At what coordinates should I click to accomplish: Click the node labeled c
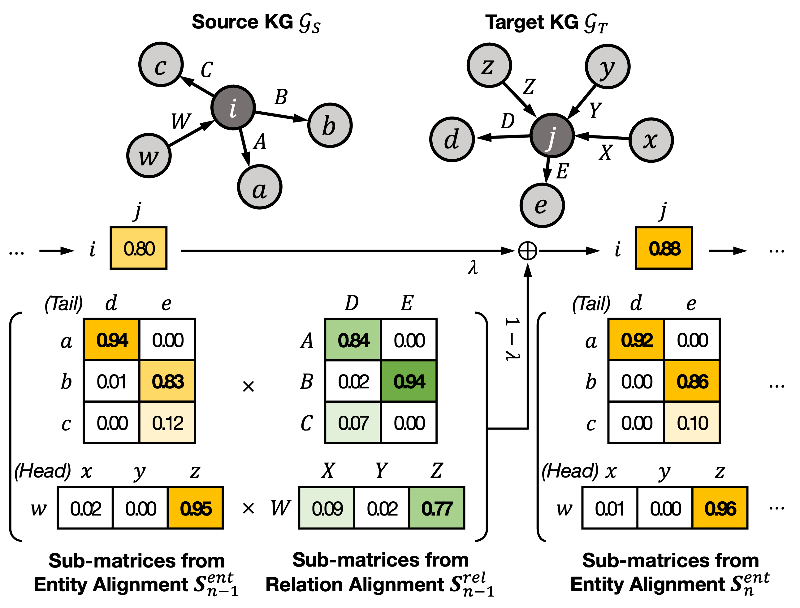pos(161,64)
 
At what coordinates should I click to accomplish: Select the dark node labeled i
pos(233,108)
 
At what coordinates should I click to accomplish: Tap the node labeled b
pos(330,125)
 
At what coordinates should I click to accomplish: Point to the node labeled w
pos(149,156)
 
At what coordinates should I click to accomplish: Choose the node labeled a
pos(260,187)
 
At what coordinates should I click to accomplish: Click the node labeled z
pos(489,65)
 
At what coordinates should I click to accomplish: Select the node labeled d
pos(452,139)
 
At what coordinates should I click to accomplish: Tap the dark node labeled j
pos(552,136)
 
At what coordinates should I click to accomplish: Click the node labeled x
pos(651,140)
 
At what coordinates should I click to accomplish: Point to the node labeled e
pos(542,205)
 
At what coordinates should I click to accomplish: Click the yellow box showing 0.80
pos(138,248)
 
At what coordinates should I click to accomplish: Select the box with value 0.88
pos(664,248)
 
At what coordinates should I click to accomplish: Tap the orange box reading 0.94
pos(111,340)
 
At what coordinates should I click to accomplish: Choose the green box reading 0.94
pos(409,381)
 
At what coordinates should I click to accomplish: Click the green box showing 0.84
pos(353,340)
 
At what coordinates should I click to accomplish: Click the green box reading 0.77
pos(436,508)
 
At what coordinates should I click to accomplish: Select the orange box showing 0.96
pos(720,508)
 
